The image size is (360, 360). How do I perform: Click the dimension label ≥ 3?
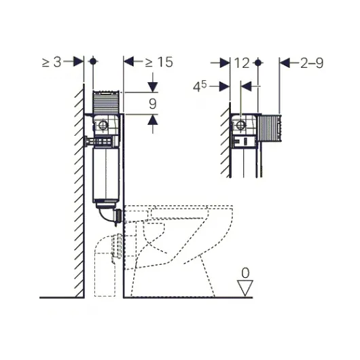52,62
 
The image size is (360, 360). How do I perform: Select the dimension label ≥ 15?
159,62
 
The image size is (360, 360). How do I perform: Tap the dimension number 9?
153,104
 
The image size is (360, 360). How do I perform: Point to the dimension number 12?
242,63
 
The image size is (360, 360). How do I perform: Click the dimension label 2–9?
312,63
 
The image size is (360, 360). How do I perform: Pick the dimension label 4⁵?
200,87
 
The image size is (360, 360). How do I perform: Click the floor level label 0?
245,273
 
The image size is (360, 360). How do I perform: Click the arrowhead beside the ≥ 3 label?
79,61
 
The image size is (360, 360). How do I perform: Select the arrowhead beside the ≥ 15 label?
128,61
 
